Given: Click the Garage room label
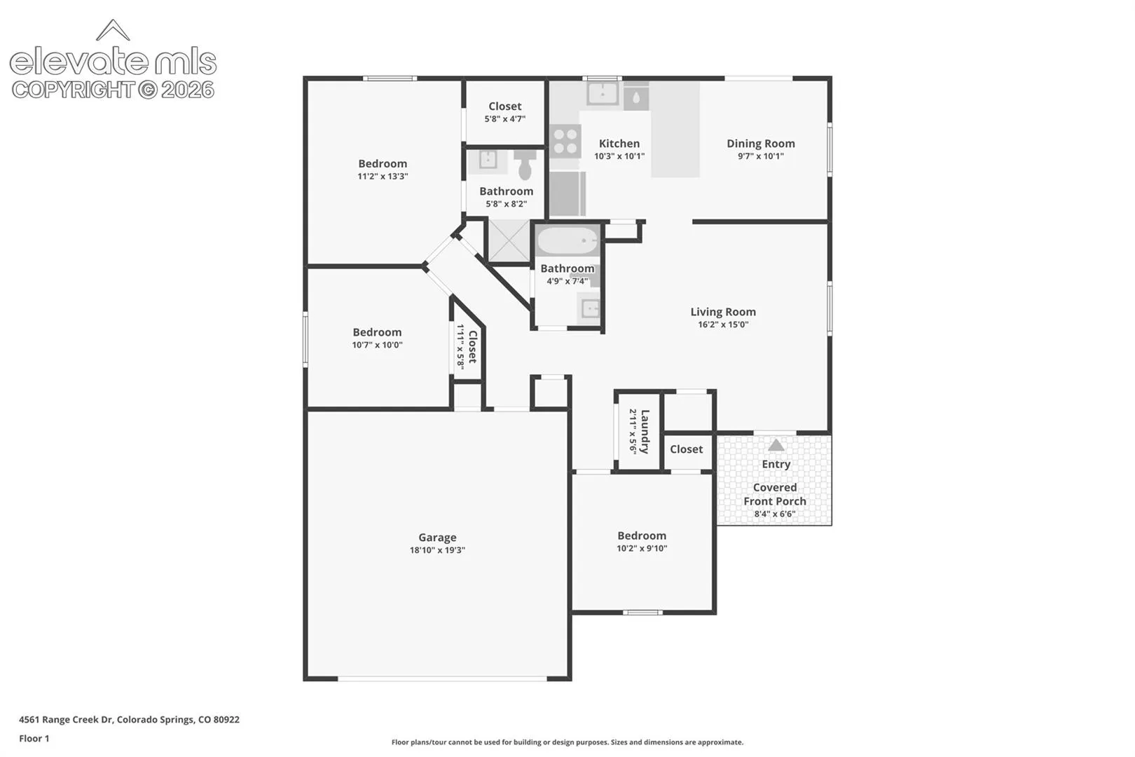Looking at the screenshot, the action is pyautogui.click(x=437, y=537).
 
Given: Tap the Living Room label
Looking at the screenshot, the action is pyautogui.click(x=723, y=312).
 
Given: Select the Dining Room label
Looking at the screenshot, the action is pyautogui.click(x=761, y=144).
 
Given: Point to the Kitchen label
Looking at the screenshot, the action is pyautogui.click(x=619, y=144).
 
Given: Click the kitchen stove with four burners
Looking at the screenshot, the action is pyautogui.click(x=565, y=141).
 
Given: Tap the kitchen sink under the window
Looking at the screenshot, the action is pyautogui.click(x=603, y=93).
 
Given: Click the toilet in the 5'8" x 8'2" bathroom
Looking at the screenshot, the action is pyautogui.click(x=525, y=164).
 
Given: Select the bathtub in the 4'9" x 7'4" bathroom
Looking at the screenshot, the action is pyautogui.click(x=567, y=241).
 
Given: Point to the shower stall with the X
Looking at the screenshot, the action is pyautogui.click(x=509, y=240).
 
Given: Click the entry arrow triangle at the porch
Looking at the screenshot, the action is pyautogui.click(x=776, y=445).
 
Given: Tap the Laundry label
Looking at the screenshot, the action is pyautogui.click(x=645, y=432).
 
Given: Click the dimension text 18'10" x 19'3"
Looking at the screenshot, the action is pyautogui.click(x=437, y=550).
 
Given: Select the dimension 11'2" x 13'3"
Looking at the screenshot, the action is pyautogui.click(x=383, y=177).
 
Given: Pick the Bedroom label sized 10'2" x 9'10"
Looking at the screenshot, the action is pyautogui.click(x=642, y=536).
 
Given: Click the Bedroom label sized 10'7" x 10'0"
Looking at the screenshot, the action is pyautogui.click(x=377, y=332).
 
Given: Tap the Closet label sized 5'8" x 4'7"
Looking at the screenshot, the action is pyautogui.click(x=504, y=106).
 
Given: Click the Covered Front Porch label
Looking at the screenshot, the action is pyautogui.click(x=775, y=494).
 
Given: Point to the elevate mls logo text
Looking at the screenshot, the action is pyautogui.click(x=113, y=62).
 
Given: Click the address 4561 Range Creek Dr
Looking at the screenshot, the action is pyautogui.click(x=66, y=719).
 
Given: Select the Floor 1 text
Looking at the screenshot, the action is pyautogui.click(x=34, y=738).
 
